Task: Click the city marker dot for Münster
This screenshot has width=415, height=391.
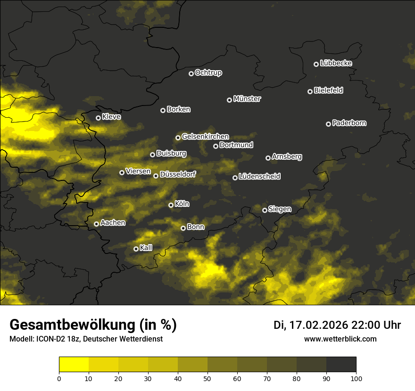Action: pyautogui.click(x=229, y=100)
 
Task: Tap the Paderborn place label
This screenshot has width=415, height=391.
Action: pyautogui.click(x=349, y=123)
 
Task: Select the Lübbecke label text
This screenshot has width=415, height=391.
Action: pyautogui.click(x=336, y=63)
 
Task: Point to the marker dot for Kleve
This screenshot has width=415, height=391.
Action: pyautogui.click(x=98, y=118)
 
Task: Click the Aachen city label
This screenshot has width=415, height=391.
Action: pyautogui.click(x=113, y=223)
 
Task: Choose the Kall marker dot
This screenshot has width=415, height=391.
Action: pyautogui.click(x=136, y=249)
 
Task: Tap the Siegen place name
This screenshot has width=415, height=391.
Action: pyautogui.click(x=280, y=209)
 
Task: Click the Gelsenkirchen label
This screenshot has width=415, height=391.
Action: pyautogui.click(x=205, y=137)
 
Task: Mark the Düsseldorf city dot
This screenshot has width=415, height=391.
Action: pyautogui.click(x=156, y=176)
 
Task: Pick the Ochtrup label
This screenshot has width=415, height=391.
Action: pyautogui.click(x=208, y=73)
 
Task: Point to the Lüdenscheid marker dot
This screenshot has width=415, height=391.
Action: pyautogui.click(x=235, y=178)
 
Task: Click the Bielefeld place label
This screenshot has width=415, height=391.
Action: pyautogui.click(x=328, y=90)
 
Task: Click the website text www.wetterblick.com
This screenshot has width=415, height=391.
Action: pyautogui.click(x=340, y=339)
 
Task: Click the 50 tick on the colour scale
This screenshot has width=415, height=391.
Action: pyautogui.click(x=207, y=378)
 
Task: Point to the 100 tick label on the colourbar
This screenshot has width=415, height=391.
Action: pyautogui.click(x=356, y=378)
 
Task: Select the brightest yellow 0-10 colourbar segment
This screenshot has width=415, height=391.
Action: pyautogui.click(x=74, y=364)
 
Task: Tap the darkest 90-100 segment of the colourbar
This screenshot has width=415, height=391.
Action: pyautogui.click(x=341, y=364)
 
